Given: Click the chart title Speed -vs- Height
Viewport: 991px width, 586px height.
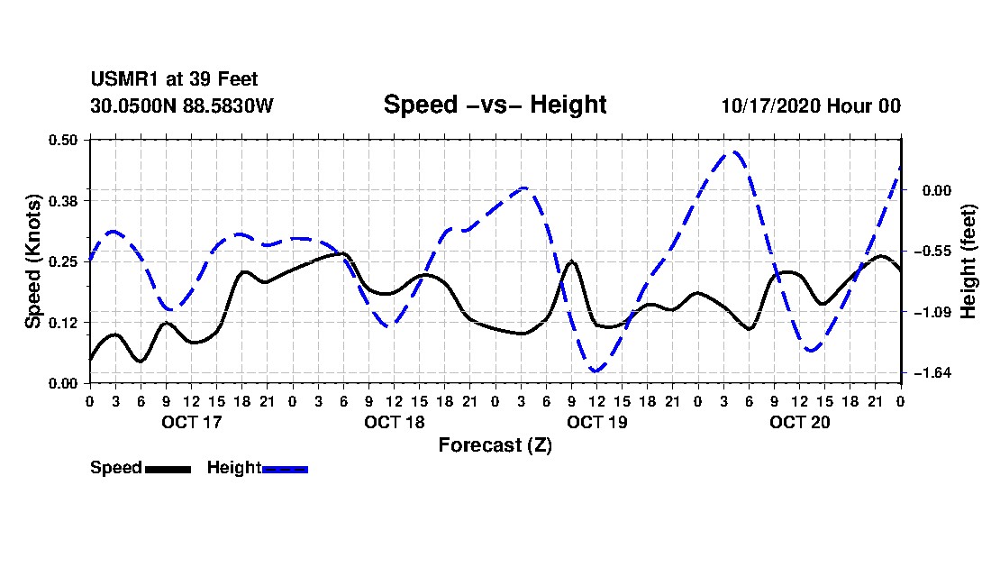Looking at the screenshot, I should [x=495, y=105].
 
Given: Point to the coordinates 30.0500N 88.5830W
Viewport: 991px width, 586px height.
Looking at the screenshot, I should [x=182, y=105].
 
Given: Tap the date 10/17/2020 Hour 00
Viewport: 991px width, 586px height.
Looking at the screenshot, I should [x=811, y=105].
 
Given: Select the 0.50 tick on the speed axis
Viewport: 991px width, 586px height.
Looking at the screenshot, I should [x=65, y=140].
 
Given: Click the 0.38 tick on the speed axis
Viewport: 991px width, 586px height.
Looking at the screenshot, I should [x=65, y=200].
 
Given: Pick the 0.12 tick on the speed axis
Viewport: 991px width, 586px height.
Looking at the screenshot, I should [x=65, y=322].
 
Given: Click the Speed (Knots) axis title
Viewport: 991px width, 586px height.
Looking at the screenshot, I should [x=33, y=261].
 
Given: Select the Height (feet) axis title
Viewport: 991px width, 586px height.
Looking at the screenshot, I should [x=968, y=261].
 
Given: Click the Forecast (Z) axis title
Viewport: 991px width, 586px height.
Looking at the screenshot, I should [x=495, y=444].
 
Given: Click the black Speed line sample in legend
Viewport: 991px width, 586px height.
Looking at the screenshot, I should [x=168, y=469].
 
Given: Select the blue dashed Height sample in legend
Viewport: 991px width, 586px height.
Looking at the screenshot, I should [x=285, y=469].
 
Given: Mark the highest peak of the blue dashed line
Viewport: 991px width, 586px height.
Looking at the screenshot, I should [x=734, y=151].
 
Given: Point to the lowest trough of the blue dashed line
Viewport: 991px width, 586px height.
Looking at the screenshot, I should [x=596, y=371].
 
